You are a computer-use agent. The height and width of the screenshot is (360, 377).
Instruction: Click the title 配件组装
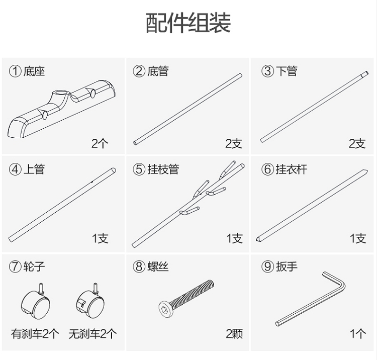(x=188, y=24)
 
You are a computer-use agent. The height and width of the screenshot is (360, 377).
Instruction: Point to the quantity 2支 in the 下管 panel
(x=357, y=144)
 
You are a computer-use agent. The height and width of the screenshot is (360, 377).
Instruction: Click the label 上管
(x=34, y=169)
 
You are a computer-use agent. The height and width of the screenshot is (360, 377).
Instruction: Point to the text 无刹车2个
(x=92, y=333)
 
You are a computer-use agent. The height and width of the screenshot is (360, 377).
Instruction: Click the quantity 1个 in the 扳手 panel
(x=357, y=333)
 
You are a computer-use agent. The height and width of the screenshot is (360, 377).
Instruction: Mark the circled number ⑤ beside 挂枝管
(x=139, y=169)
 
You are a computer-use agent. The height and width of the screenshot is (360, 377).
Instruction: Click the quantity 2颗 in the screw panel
(x=234, y=333)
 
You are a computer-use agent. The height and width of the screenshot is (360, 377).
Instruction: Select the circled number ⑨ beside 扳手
(x=267, y=266)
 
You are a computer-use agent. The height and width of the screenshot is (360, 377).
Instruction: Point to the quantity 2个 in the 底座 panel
(x=100, y=144)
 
